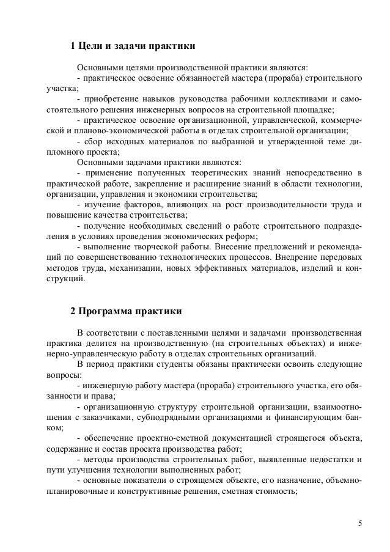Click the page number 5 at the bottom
coord(360,523)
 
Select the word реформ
coord(243,237)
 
